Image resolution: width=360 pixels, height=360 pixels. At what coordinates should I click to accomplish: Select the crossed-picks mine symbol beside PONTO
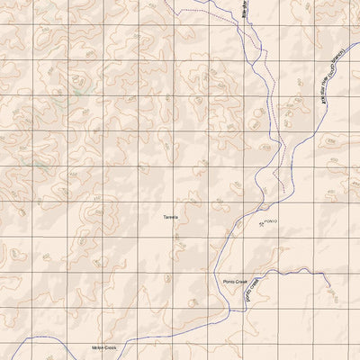click(x=262, y=223)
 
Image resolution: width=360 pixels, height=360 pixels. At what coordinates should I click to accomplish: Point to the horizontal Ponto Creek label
click(x=235, y=282)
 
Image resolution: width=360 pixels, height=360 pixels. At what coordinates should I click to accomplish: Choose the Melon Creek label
click(x=104, y=346)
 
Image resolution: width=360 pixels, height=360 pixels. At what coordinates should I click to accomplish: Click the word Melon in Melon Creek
click(x=98, y=346)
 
